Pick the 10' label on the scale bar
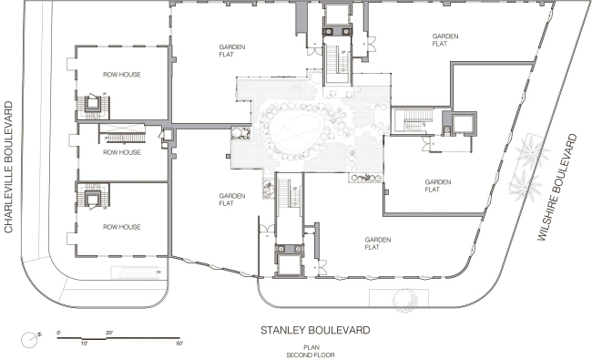click(x=84, y=344)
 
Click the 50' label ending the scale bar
click(x=179, y=344)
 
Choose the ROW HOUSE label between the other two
click(x=121, y=152)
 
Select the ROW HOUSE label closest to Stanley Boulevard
click(x=121, y=227)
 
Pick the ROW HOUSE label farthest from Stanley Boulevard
click(x=121, y=75)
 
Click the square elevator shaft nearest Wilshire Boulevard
click(x=464, y=124)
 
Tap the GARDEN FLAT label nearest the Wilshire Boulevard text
click(x=438, y=185)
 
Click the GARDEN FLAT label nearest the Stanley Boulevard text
click(x=377, y=243)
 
